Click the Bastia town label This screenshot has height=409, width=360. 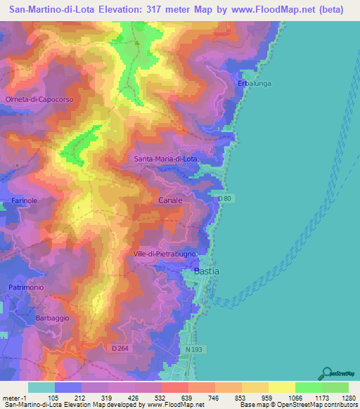[206, 271]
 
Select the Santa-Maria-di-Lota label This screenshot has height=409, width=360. [166, 160]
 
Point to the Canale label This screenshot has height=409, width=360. [170, 200]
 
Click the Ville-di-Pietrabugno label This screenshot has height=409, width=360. [169, 254]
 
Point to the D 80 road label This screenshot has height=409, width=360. [224, 199]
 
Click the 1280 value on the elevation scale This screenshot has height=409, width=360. [349, 397]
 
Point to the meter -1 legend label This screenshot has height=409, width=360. [15, 397]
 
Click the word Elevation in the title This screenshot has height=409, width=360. [122, 9]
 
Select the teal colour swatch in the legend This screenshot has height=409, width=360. [41, 387]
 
